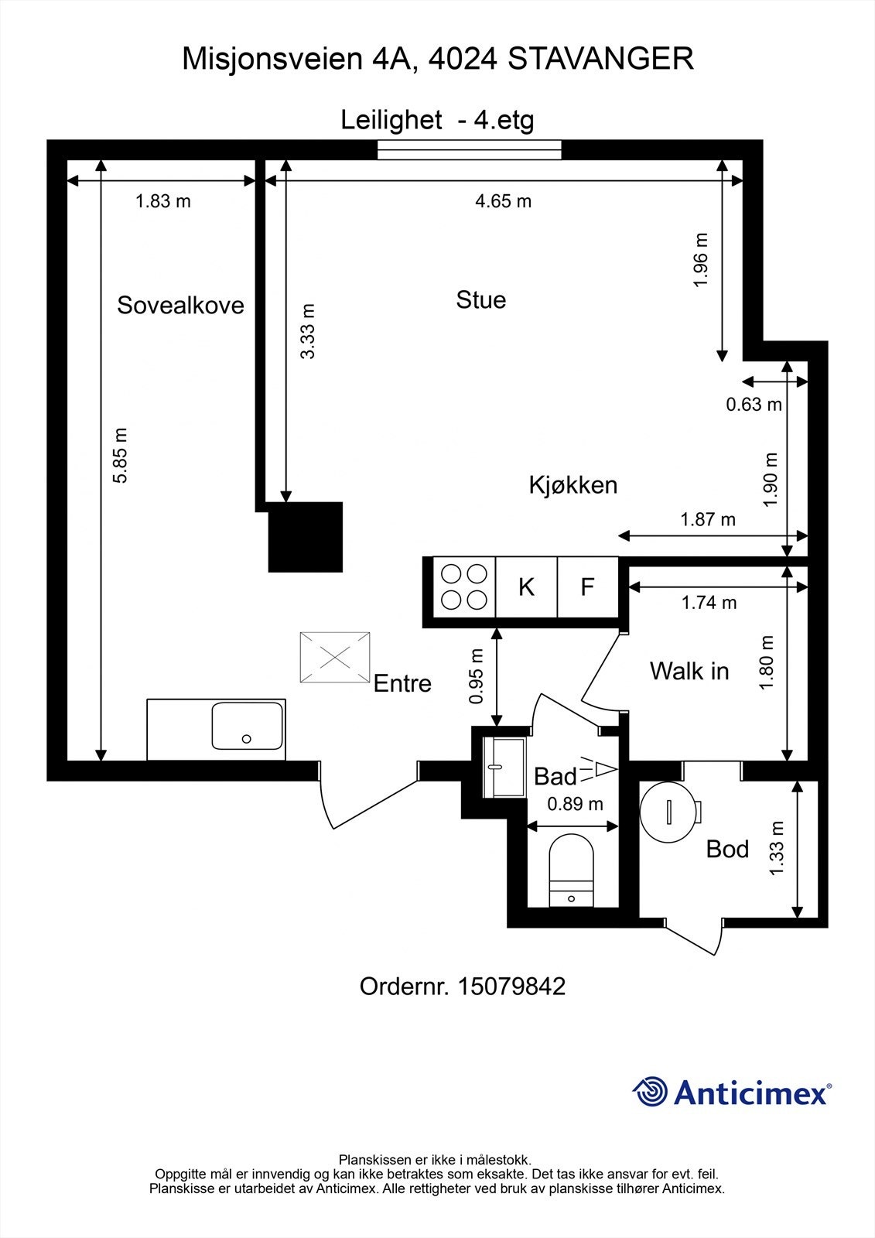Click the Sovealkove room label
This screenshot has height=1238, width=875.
(180, 305)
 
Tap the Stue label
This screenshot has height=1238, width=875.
(480, 299)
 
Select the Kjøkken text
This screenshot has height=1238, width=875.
(573, 485)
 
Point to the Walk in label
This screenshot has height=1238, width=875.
(689, 671)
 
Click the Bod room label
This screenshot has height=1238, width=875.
(727, 850)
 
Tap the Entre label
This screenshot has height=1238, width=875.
(402, 683)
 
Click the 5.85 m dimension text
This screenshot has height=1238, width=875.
(121, 456)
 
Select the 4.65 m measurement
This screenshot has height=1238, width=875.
(503, 201)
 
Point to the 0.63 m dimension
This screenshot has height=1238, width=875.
(754, 404)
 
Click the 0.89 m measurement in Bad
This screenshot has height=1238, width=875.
(575, 804)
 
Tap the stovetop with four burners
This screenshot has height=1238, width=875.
(463, 587)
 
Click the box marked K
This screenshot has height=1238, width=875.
(526, 587)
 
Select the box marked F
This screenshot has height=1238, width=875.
(588, 587)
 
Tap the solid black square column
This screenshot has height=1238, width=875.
(305, 537)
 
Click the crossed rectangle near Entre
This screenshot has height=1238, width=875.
(335, 657)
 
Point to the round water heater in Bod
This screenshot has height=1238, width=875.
(668, 810)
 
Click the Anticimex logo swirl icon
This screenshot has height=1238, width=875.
(650, 1092)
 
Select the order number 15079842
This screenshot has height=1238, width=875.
(511, 987)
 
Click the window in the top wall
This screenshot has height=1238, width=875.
(470, 150)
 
